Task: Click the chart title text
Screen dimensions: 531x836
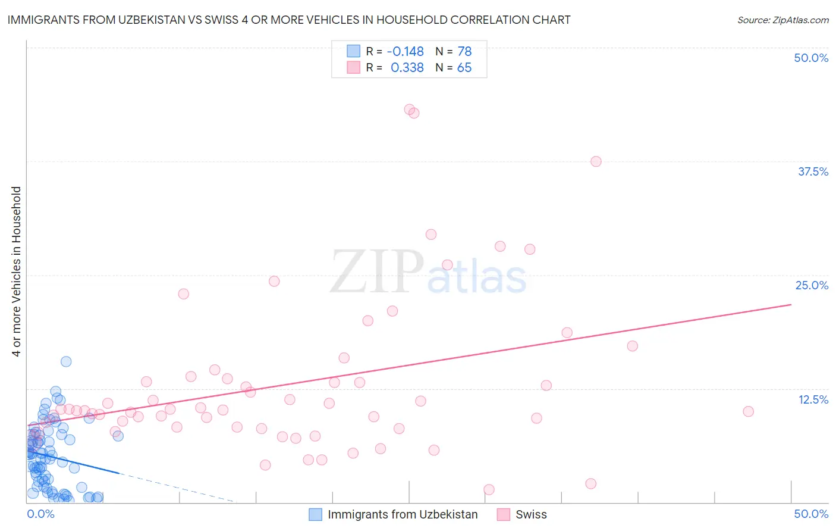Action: coord(289,20)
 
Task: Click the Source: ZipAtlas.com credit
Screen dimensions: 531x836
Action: coord(782,20)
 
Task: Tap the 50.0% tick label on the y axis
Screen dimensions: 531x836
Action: coord(811,58)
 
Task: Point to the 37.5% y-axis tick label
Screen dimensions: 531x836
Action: coord(813,171)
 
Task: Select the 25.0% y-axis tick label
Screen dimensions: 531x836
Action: coord(812,285)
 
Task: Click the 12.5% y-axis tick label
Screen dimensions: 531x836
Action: coord(813,399)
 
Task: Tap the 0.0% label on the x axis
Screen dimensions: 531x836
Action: coord(40,514)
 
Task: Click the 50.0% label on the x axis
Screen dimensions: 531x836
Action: coord(811,514)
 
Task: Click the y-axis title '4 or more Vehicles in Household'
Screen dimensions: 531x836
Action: coord(17,271)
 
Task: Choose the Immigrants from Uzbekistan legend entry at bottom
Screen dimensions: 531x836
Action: coord(402,514)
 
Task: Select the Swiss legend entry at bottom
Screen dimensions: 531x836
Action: coord(530,514)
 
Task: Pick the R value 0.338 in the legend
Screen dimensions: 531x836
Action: coord(407,68)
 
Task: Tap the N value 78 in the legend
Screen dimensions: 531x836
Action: coord(464,51)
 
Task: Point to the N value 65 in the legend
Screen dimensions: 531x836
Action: coord(464,68)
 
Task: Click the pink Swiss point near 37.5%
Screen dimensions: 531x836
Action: coord(596,161)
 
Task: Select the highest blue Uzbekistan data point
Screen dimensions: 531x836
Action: coord(66,361)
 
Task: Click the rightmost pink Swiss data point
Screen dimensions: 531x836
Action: coord(748,411)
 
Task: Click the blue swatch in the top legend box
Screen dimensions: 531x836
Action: coord(354,51)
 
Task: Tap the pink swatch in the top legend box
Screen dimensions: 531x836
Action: coord(354,68)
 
